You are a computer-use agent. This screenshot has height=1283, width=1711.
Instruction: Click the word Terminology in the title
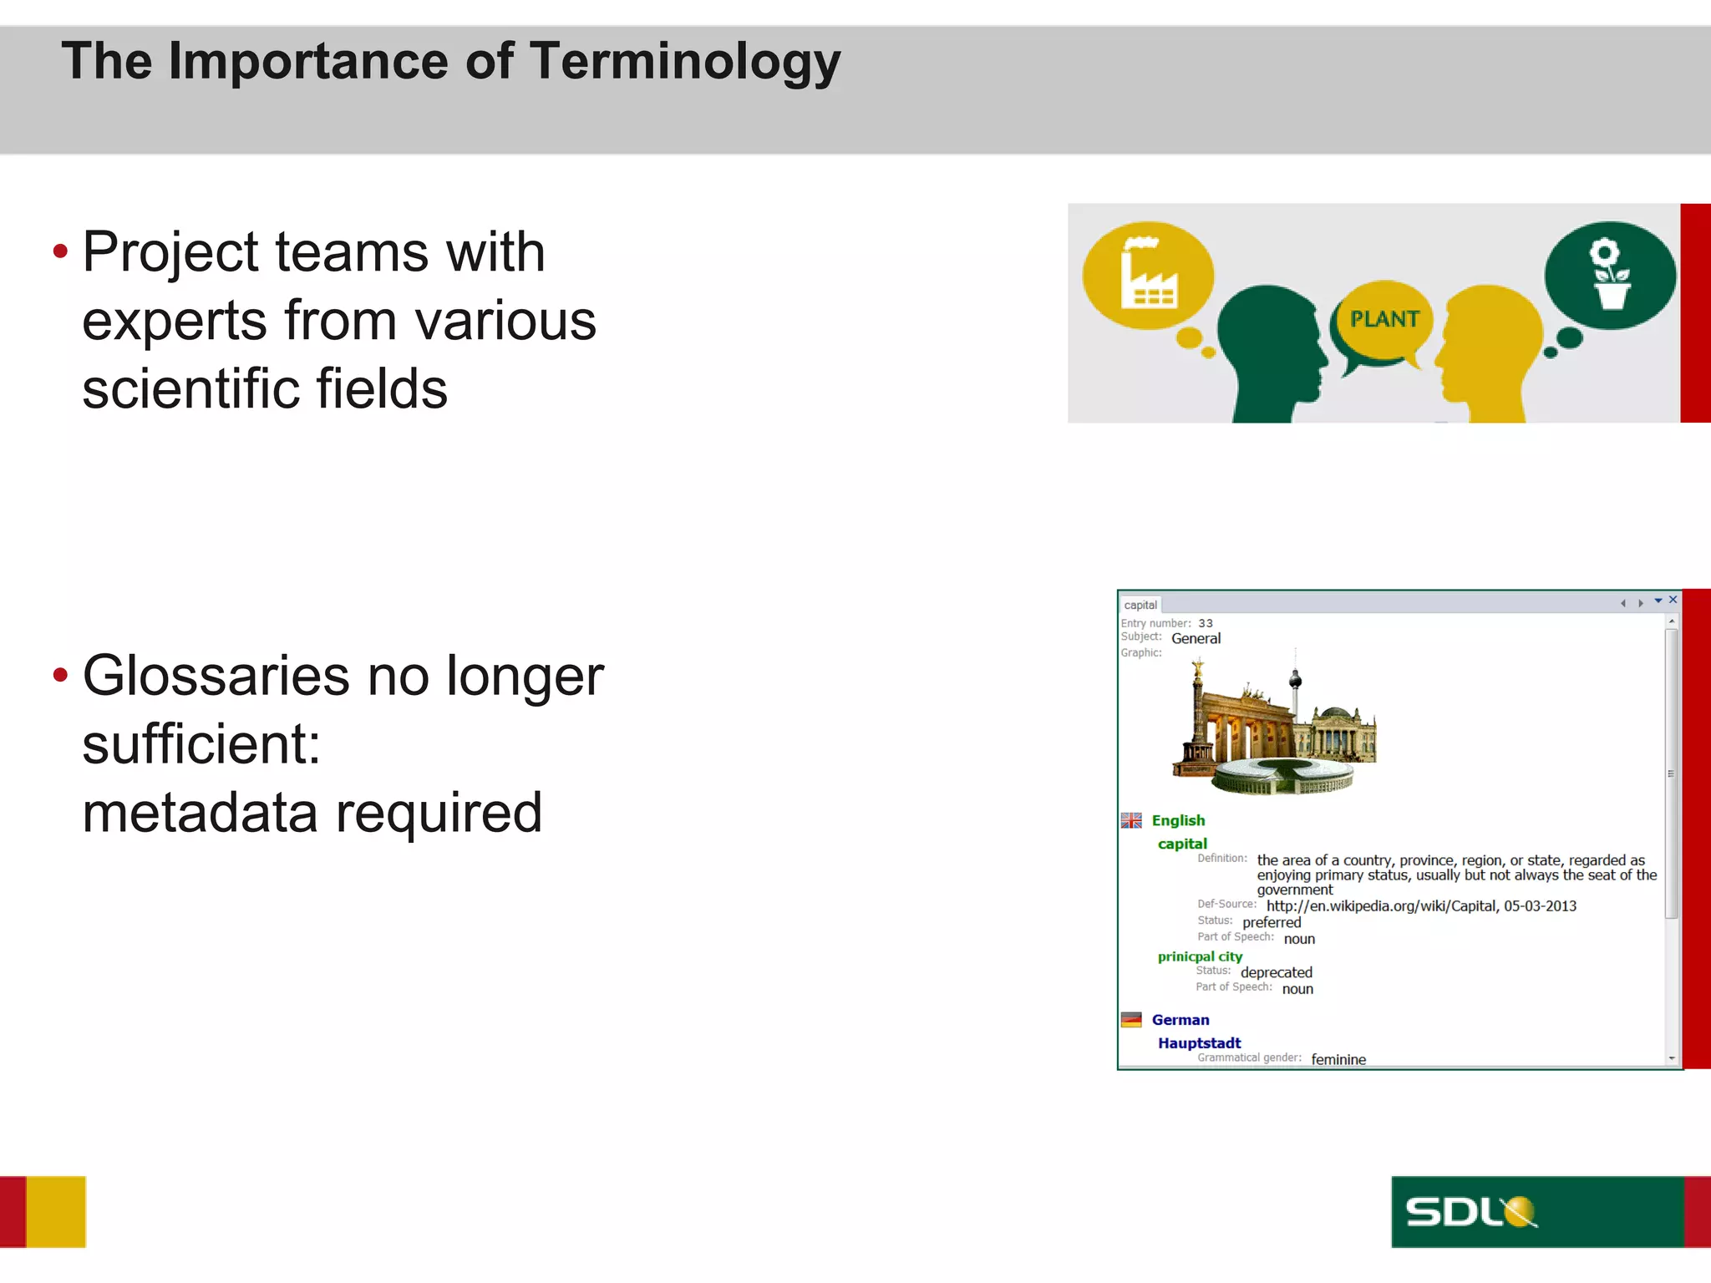(685, 63)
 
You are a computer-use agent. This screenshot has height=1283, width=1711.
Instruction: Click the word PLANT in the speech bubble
(1384, 319)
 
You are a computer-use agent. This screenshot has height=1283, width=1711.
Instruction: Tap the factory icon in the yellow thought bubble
(1148, 276)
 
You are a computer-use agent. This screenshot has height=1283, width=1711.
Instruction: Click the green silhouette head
(1270, 351)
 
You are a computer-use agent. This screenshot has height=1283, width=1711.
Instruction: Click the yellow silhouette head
(1491, 351)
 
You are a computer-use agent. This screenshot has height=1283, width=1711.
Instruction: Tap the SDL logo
(1470, 1211)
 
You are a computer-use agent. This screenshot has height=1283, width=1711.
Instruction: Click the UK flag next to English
(1131, 820)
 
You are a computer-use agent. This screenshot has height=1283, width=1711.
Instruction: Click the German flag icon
(1131, 1019)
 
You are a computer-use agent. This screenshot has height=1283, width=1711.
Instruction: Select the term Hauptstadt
(1199, 1042)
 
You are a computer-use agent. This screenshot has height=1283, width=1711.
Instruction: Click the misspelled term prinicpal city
(1200, 956)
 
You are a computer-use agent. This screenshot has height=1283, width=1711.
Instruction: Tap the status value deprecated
(1276, 972)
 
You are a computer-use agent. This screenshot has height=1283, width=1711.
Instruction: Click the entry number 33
(1205, 623)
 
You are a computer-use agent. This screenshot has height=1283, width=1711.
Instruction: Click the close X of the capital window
(1673, 600)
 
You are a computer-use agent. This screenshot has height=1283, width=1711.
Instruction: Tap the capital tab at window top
(1140, 605)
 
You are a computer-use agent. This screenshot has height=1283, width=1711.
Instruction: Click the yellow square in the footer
(56, 1211)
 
